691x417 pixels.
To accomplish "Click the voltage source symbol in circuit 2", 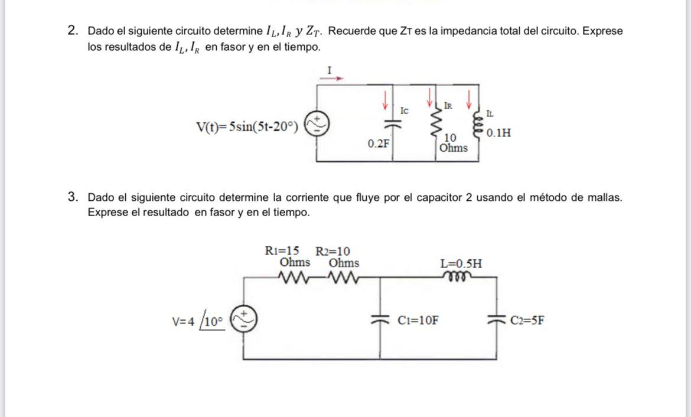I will [317, 124].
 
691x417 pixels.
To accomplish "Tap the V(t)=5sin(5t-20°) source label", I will [247, 126].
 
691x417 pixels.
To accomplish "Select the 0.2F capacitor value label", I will [378, 144].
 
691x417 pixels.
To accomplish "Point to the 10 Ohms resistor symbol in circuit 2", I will [438, 124].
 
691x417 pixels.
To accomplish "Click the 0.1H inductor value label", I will [499, 133].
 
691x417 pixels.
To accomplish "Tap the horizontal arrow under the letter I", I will [331, 77].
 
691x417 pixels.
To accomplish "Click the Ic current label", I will [404, 111].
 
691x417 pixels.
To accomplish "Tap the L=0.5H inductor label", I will [461, 263].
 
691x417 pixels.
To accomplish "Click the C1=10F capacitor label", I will [418, 321].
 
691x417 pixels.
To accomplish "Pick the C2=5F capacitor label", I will [527, 321].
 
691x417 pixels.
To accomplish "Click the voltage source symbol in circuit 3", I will [243, 320].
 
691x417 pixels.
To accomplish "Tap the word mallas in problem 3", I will [604, 197].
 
